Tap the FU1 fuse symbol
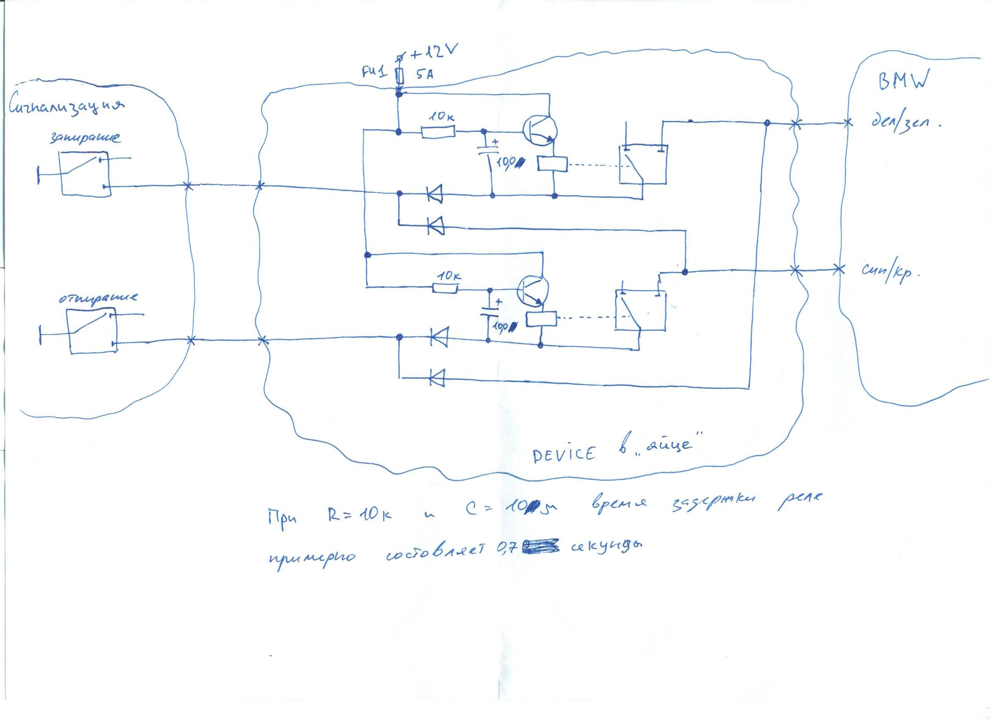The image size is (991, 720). pos(399,76)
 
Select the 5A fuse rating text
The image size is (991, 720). pos(424,75)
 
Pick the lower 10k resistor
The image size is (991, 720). pos(445,288)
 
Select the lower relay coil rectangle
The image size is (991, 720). pos(541,319)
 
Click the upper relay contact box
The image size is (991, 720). pos(642,164)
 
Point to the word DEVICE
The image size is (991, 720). pos(563,454)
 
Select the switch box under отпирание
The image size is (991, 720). pos(92,332)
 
